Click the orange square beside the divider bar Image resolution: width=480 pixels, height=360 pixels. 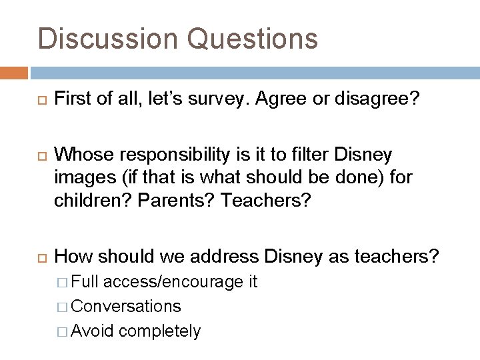[x=14, y=71]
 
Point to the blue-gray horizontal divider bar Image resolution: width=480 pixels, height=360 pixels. [x=254, y=71]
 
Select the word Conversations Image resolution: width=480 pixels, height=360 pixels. [x=125, y=307]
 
